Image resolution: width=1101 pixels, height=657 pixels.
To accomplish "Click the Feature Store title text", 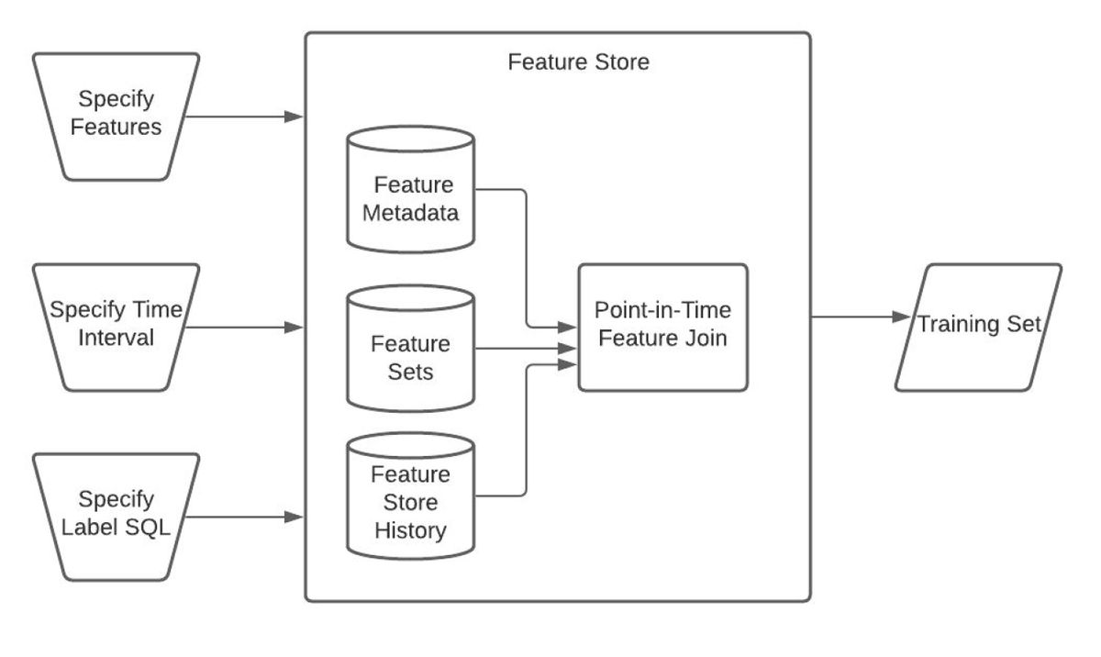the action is (x=579, y=61).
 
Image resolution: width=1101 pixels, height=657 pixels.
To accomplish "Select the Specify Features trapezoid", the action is (x=116, y=117).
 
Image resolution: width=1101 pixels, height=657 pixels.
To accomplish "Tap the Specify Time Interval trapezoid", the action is (x=116, y=328).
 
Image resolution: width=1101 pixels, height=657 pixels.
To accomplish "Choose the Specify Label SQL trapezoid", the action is (x=116, y=517).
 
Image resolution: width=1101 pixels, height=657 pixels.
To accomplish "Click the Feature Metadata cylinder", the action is (x=410, y=190).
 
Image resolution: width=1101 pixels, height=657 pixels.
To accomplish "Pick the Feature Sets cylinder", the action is (x=410, y=349).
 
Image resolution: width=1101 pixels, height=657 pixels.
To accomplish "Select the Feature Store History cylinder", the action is (x=410, y=496).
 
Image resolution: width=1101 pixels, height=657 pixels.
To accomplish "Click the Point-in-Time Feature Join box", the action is (x=663, y=328).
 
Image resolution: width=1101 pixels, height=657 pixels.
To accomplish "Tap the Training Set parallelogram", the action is (x=979, y=328).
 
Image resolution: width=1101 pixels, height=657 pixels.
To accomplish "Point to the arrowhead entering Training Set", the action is (x=901, y=317).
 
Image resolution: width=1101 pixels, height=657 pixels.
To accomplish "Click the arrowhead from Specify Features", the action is (x=294, y=117).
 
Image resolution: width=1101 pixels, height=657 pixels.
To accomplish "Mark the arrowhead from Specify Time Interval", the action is (x=294, y=328).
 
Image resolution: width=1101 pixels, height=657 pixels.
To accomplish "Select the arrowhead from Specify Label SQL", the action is (x=294, y=517).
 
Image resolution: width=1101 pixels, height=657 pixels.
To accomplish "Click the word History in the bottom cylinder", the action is (x=410, y=530).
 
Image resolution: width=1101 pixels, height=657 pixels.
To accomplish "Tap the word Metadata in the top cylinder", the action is (x=410, y=213).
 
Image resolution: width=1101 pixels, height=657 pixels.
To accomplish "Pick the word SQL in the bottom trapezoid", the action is (x=148, y=528).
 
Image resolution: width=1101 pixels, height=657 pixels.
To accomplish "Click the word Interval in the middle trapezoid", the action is (x=116, y=338).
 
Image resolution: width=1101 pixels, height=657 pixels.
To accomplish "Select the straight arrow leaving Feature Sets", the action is (x=526, y=349).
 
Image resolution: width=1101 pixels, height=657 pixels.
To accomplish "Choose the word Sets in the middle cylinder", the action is (x=410, y=372).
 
